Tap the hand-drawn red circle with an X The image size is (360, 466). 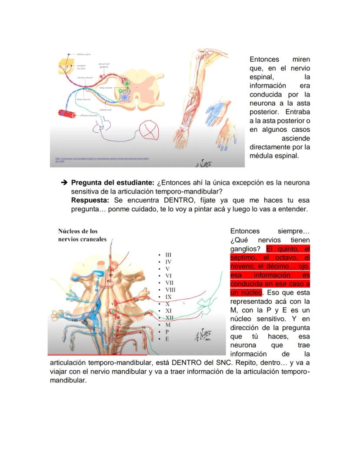tap(150, 130)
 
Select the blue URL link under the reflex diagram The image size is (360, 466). tap(102, 160)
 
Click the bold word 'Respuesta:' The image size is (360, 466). tap(90, 200)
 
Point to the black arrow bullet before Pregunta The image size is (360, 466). tap(64, 183)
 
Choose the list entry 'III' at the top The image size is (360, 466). tap(168, 255)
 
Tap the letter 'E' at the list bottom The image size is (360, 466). tap(167, 339)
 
